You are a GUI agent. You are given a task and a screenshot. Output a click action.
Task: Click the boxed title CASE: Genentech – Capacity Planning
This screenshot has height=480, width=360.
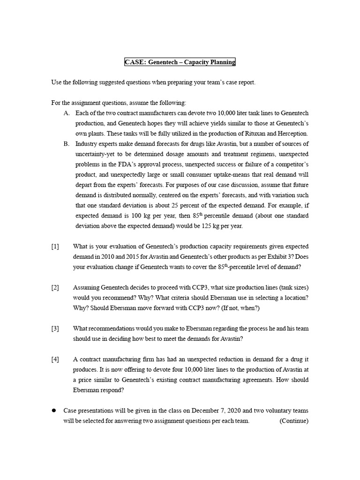point(180,62)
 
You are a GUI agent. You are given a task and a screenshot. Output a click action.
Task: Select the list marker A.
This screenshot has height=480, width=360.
point(67,113)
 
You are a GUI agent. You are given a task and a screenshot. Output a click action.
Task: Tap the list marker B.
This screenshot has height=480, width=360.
point(67,144)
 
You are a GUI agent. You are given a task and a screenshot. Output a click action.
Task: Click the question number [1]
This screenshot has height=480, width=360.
point(55,247)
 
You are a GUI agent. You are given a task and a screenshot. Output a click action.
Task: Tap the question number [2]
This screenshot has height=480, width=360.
point(55,287)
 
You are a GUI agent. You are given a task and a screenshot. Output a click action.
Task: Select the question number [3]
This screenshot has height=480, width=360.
point(55,329)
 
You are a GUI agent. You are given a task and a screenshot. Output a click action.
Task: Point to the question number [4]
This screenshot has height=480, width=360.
point(55,360)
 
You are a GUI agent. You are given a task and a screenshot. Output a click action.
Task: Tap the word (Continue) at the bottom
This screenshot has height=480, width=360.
point(294,421)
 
